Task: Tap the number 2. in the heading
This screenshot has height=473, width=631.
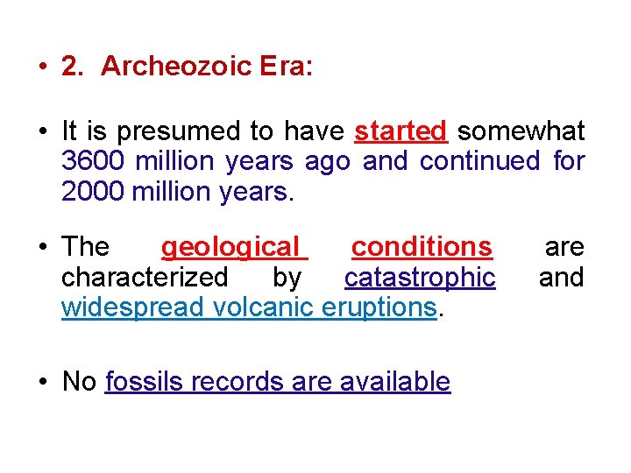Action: click(72, 67)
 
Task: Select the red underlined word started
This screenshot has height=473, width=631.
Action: click(401, 131)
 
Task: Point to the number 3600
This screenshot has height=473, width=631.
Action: click(92, 162)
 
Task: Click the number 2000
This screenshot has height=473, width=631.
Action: click(92, 192)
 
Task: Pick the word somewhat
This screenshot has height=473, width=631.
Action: click(521, 131)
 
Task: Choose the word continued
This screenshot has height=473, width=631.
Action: click(480, 162)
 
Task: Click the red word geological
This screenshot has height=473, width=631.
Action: click(230, 247)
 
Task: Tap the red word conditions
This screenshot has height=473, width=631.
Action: click(422, 247)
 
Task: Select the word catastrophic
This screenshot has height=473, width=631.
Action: click(420, 278)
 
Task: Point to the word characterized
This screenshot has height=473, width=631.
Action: click(145, 278)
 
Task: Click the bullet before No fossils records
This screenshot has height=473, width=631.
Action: click(43, 383)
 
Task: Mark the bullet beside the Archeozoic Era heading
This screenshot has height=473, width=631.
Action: click(43, 68)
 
